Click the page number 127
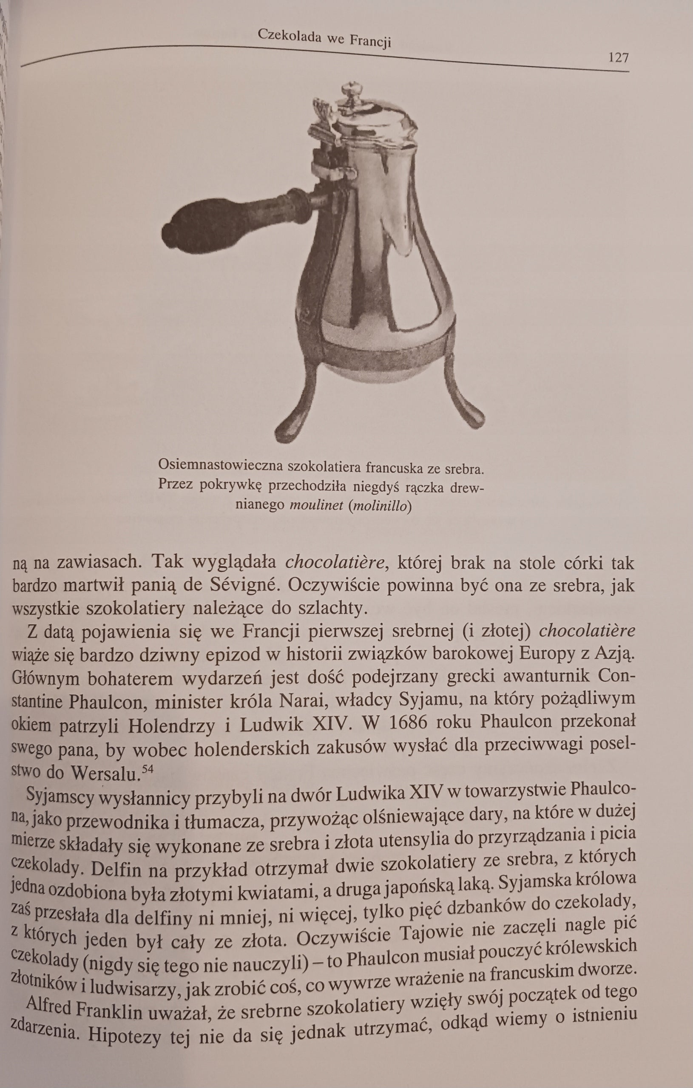click(618, 58)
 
